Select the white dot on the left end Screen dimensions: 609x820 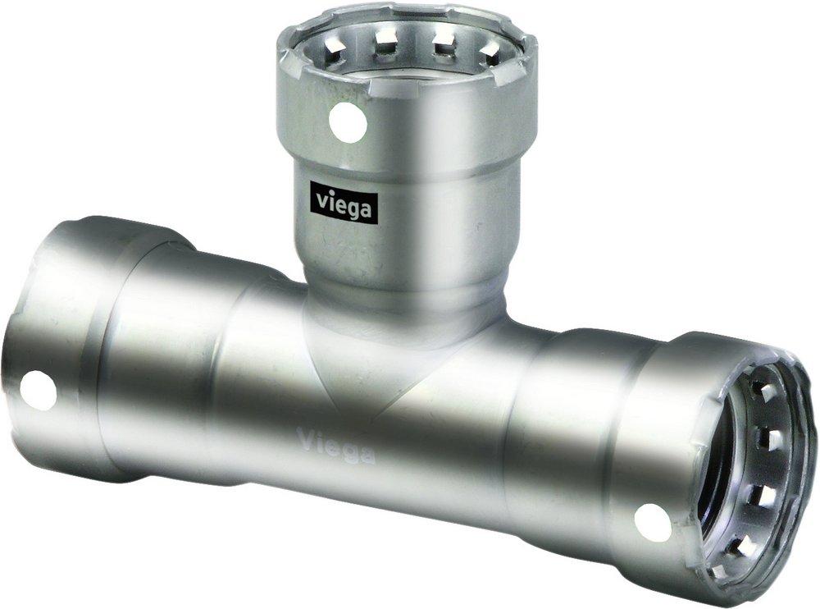coord(37,390)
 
